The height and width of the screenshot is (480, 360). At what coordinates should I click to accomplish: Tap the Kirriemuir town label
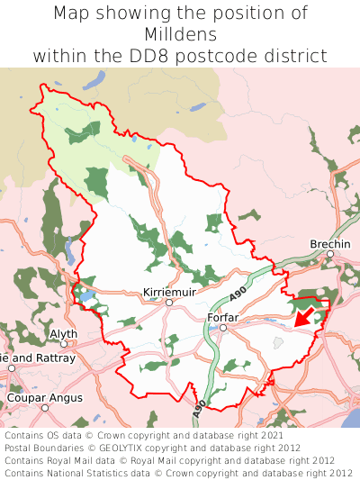[168, 293]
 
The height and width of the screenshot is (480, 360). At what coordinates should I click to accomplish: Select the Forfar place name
[221, 317]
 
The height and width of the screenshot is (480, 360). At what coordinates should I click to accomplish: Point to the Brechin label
[330, 244]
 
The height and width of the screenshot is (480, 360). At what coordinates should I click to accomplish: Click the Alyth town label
[64, 333]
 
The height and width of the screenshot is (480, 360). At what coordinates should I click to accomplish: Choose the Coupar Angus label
[44, 397]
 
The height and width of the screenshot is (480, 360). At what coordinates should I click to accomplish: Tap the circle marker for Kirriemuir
[168, 303]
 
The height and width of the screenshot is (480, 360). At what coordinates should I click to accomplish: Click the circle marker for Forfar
[222, 328]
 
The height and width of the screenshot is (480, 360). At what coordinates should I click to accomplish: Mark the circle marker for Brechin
[330, 254]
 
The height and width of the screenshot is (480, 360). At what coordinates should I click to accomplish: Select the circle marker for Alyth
[64, 343]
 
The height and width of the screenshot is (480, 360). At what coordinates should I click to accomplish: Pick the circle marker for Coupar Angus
[44, 407]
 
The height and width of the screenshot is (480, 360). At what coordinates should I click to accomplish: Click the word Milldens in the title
[180, 34]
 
